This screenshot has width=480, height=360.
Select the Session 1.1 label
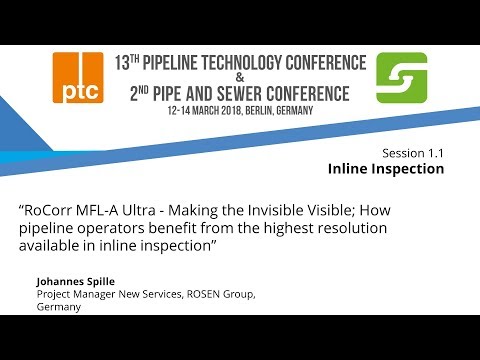pyautogui.click(x=412, y=152)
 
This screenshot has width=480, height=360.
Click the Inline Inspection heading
pyautogui.click(x=385, y=169)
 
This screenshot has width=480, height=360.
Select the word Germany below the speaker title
pyautogui.click(x=58, y=307)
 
